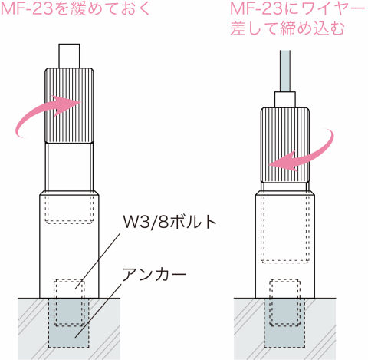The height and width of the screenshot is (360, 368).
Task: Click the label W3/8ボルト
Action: pos(169,222)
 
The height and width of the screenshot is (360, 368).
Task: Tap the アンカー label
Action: pos(154,274)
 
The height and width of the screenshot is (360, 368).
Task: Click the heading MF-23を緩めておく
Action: pos(76,9)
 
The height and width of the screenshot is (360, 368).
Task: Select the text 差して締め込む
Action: pos(287,28)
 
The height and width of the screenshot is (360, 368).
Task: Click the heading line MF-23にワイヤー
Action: pos(298,9)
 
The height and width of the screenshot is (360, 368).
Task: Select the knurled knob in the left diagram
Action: pos(69,105)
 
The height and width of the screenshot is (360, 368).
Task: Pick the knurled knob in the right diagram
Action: pos(285,145)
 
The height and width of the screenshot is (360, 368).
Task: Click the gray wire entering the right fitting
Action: pos(285,71)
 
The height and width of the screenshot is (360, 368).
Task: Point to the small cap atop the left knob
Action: pos(69,56)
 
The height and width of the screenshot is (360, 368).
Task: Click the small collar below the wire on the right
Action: pos(285,100)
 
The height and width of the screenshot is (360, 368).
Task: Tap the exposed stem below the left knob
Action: pos(69,167)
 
